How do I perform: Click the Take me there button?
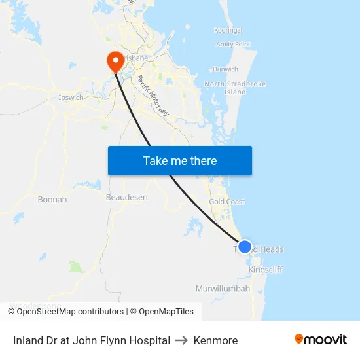coord(179,160)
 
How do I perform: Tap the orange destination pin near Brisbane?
coord(116,61)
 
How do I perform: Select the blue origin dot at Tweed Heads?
coord(244,247)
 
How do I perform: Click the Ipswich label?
coord(71,98)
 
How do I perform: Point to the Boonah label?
coord(52,199)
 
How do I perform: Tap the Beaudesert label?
coord(127,196)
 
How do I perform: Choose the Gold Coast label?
coord(227,202)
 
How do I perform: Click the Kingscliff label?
coord(266,269)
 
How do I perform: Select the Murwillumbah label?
coord(223,289)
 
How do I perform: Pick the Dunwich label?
coord(225,69)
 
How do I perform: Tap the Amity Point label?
coord(233,45)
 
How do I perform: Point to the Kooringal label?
coord(228,30)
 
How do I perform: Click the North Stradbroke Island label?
coord(235,88)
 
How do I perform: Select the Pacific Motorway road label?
coord(153,96)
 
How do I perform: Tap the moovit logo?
coord(320,340)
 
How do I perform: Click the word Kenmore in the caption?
coord(215,340)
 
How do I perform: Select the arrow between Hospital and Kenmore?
coord(182,340)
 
